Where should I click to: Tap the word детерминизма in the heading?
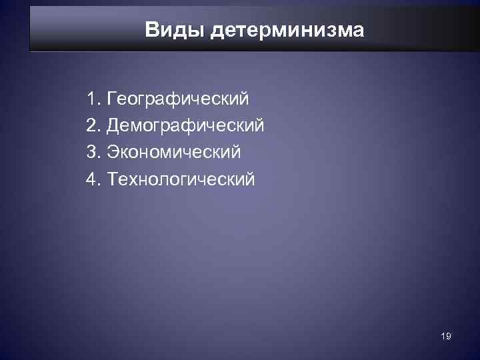click(287, 31)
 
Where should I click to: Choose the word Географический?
click(177, 100)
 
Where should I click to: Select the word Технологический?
click(180, 179)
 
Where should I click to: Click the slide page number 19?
click(446, 337)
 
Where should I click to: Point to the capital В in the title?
click(151, 30)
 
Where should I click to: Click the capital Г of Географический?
click(110, 99)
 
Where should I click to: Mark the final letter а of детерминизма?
click(359, 31)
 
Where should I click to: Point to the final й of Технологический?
click(249, 179)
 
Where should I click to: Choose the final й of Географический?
click(244, 99)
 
